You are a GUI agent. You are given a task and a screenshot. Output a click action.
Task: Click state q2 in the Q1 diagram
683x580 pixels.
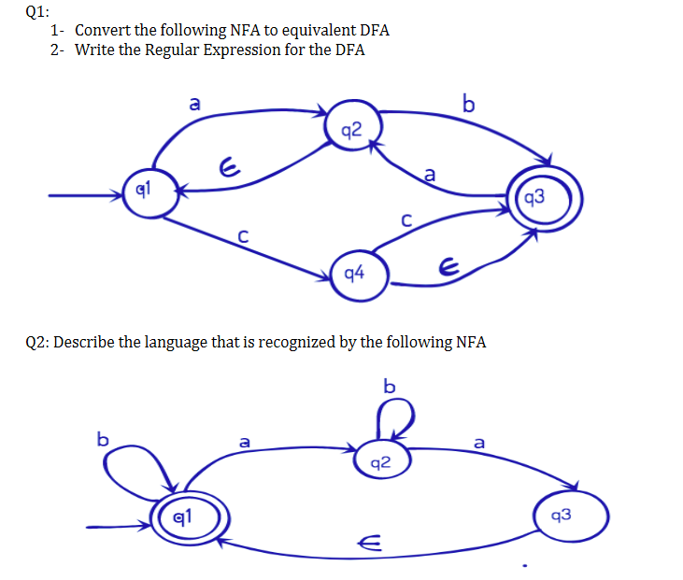point(352,130)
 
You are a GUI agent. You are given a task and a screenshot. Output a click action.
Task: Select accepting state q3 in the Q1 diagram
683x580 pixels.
point(545,197)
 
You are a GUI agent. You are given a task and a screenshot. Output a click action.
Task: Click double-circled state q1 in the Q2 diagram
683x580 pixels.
point(185,514)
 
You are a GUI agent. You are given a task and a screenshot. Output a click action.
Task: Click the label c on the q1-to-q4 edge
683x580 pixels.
point(242,239)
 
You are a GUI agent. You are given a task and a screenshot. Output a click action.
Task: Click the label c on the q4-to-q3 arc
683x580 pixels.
point(406,220)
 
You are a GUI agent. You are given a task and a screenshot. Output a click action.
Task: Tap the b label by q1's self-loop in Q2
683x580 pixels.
point(104,437)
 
